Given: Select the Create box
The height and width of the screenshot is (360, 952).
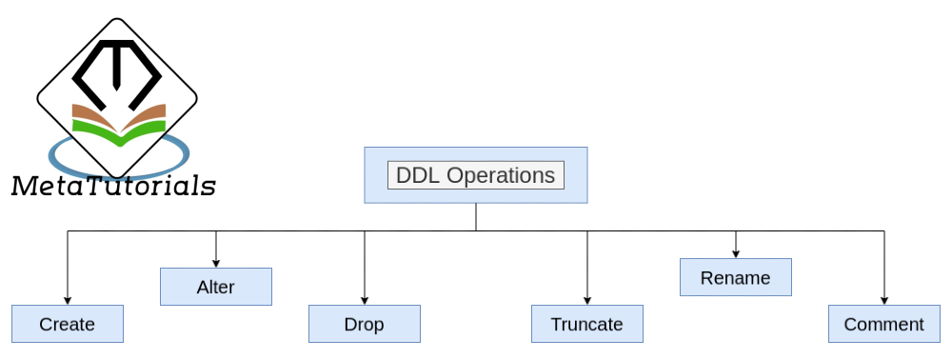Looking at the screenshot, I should [67, 324].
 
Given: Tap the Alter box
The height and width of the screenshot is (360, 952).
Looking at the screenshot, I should [215, 287].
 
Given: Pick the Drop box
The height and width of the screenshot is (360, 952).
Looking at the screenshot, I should [364, 324].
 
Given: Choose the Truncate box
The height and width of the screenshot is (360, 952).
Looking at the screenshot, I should [586, 324].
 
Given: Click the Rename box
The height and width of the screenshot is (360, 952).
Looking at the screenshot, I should [735, 278].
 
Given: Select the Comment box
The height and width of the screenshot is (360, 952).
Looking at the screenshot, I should [883, 324].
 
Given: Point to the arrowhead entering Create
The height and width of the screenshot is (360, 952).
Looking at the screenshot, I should [67, 300].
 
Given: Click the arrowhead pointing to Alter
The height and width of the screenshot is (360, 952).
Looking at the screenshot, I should [215, 263].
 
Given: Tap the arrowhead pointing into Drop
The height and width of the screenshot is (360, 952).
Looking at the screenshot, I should [364, 300].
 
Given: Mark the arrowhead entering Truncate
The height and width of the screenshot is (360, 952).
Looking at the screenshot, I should [586, 300].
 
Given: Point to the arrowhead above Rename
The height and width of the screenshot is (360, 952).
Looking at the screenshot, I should [735, 254].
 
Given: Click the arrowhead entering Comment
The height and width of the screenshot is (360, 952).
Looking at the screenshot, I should [883, 300].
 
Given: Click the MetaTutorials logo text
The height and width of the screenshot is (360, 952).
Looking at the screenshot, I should [112, 186].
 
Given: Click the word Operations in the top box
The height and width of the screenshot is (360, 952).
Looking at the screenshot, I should [501, 176].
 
